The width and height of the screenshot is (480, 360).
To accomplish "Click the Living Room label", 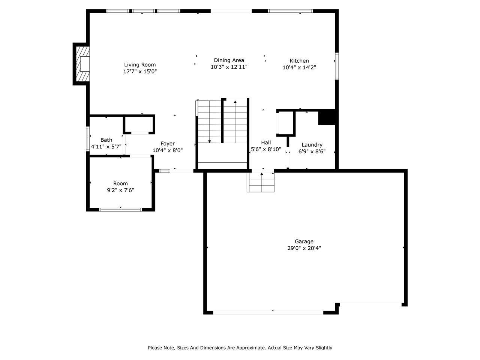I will (140, 64).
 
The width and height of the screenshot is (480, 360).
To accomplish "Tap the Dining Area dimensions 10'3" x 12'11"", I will (229, 67).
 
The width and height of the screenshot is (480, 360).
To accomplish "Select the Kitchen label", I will (299, 61).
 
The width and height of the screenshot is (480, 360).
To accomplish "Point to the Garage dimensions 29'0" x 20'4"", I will (304, 248).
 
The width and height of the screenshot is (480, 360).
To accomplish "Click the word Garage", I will (304, 241).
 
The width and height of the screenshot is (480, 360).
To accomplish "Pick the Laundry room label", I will (312, 145).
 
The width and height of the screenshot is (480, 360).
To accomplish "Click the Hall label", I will (266, 142).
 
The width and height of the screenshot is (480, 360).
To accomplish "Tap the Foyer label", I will (168, 144).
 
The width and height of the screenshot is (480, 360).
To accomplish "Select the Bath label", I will (106, 140).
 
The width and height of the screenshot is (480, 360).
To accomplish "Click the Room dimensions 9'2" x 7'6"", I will (120, 190).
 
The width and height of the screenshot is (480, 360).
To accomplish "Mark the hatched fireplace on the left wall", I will (82, 64).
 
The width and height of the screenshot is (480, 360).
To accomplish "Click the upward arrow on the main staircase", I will (235, 102).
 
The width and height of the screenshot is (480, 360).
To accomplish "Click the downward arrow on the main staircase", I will (209, 141).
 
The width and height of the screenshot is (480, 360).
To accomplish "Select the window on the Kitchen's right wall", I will (337, 66).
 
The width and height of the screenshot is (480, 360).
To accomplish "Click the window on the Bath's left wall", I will (88, 139).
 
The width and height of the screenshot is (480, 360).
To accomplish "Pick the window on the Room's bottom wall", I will (120, 209).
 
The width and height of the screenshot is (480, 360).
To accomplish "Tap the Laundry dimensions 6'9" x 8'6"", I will (312, 151).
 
